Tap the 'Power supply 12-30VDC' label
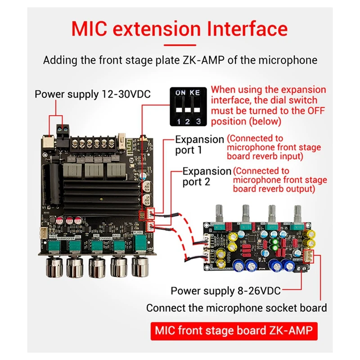(x=93, y=94)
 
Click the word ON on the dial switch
(x=180, y=92)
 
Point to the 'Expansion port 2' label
(x=207, y=176)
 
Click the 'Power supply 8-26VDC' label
(x=225, y=291)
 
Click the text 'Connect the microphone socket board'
(x=236, y=308)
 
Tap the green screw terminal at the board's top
(x=62, y=130)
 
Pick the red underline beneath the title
(x=180, y=45)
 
